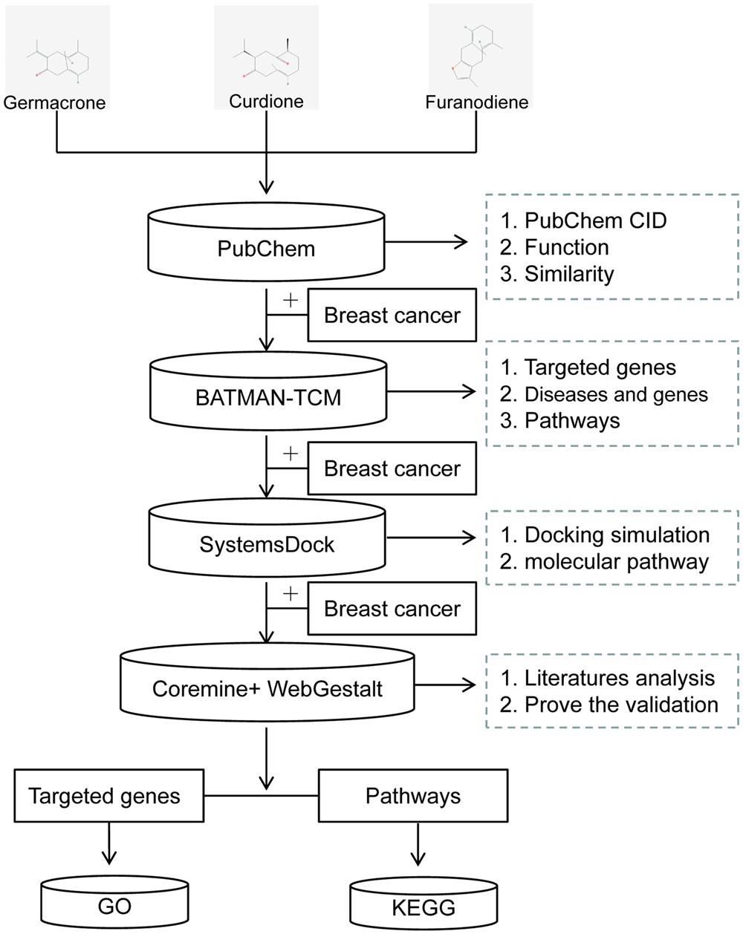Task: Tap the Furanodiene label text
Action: point(476,102)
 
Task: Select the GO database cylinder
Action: point(114,904)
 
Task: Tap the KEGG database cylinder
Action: point(423,904)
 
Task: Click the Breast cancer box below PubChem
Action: point(392,316)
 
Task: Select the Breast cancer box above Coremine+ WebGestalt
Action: point(392,609)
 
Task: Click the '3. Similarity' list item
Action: point(557,274)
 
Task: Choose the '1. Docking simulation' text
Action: point(605,535)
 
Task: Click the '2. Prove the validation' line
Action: point(609,704)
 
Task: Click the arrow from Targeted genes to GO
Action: point(109,845)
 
